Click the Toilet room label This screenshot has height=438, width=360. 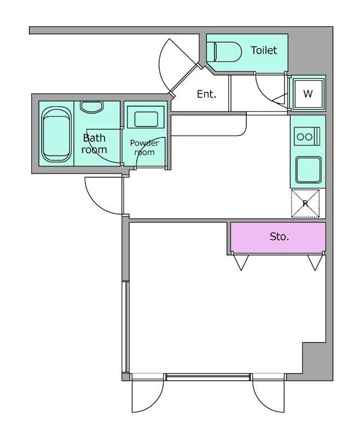pyautogui.click(x=264, y=50)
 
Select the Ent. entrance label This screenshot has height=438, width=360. pyautogui.click(x=206, y=94)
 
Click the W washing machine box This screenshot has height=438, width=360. pyautogui.click(x=308, y=94)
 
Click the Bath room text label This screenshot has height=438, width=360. pyautogui.click(x=94, y=143)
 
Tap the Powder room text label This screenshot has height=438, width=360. pyautogui.click(x=144, y=147)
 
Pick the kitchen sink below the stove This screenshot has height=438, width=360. pyautogui.click(x=307, y=169)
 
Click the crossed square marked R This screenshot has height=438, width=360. pyautogui.click(x=305, y=203)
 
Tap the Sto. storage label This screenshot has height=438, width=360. pyautogui.click(x=279, y=237)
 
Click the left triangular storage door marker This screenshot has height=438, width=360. pyautogui.click(x=240, y=262)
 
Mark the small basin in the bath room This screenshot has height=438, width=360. pyautogui.click(x=91, y=107)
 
